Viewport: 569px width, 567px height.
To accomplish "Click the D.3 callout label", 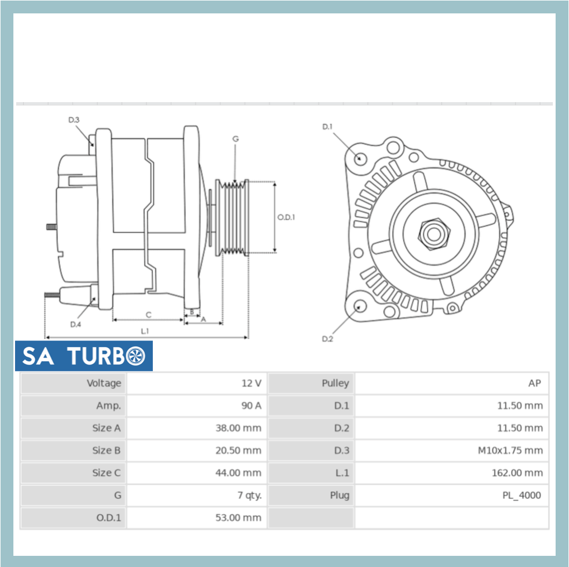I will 74,119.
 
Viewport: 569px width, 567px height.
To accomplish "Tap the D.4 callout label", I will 76,324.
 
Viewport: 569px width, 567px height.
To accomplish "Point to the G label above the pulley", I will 235,139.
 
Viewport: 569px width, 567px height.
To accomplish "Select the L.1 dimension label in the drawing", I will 145,331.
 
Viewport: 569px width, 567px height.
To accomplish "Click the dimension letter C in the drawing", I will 148,315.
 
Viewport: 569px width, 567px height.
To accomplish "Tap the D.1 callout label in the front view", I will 327,127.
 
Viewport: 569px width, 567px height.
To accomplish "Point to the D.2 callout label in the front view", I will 327,339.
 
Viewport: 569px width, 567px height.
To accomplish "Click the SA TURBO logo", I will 84,356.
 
